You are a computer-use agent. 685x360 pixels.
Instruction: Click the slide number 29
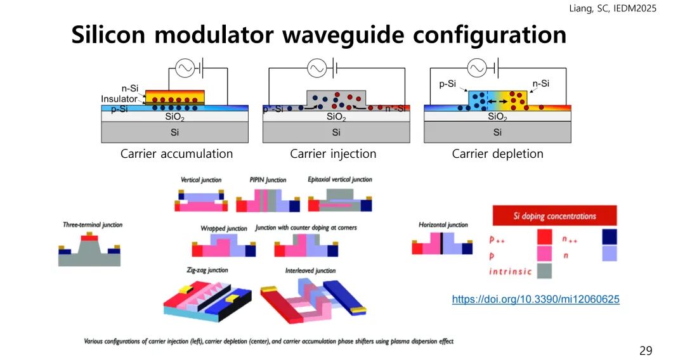pos(645,350)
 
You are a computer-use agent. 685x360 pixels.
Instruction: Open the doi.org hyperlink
pos(535,299)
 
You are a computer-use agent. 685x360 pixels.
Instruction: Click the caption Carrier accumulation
pos(176,154)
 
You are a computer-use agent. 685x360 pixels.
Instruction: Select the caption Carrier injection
pos(333,154)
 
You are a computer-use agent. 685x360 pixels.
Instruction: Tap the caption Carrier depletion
pos(497,154)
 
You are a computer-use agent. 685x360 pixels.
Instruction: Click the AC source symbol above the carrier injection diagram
pos(316,68)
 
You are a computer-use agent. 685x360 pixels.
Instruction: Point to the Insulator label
pos(119,100)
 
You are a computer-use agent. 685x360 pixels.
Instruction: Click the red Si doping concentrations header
pos(554,215)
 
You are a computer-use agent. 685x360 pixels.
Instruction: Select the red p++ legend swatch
pos(544,238)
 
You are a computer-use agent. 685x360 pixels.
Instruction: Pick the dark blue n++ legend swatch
pos(609,238)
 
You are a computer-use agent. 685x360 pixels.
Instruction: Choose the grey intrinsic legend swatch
pos(544,271)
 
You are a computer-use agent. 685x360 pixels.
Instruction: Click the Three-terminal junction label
pos(93,225)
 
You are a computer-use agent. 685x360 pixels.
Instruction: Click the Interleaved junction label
pos(310,271)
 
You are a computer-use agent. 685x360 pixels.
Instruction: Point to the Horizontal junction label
pos(443,225)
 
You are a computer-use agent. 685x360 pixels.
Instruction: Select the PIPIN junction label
pos(268,180)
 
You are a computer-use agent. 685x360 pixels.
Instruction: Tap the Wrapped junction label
pos(224,228)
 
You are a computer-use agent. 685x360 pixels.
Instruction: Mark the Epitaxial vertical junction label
pos(340,180)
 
